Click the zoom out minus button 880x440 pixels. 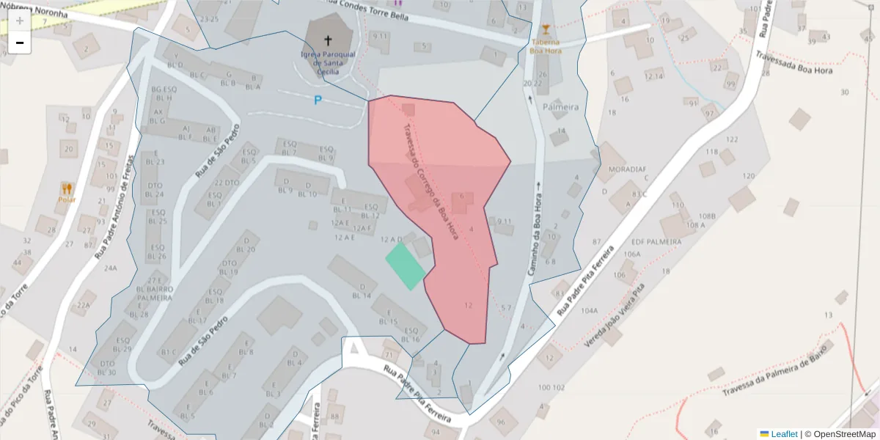20,43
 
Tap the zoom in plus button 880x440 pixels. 20,20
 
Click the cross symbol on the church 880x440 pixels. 327,41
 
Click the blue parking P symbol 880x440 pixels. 318,100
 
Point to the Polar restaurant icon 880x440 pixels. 67,188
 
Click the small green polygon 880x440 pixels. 406,265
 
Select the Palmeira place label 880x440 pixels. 560,107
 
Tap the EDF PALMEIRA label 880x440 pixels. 656,241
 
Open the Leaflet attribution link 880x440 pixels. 784,434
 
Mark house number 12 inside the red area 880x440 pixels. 469,305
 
